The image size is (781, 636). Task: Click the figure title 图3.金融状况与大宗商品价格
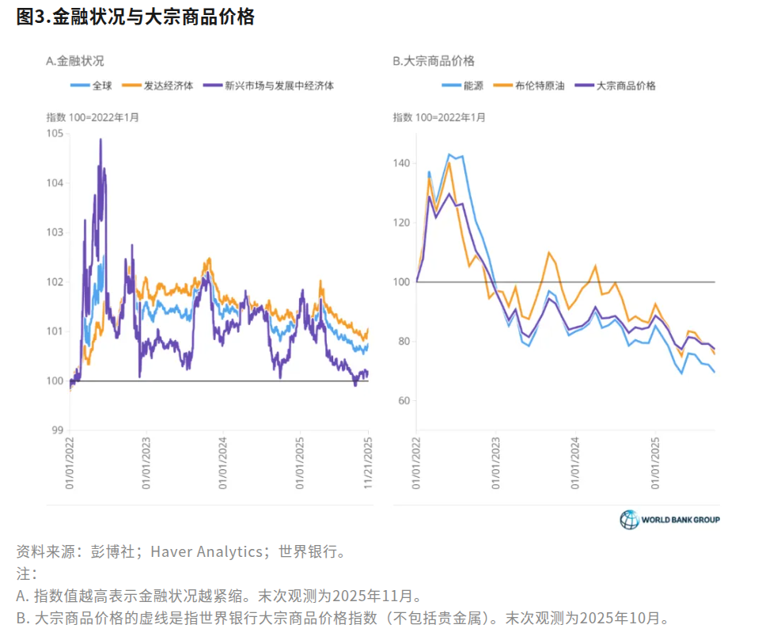tap(135, 17)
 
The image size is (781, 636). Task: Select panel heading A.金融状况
tap(75, 61)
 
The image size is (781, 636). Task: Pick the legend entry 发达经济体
tap(168, 85)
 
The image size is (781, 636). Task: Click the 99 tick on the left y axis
tap(56, 430)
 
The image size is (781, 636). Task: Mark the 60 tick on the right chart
tap(404, 401)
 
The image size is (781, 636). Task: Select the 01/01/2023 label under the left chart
tap(146, 465)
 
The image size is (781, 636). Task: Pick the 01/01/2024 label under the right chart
tap(574, 465)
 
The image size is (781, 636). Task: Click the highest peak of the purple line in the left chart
tap(100, 140)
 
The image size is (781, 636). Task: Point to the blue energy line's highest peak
tap(449, 154)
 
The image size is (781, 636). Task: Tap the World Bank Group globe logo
tap(629, 520)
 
